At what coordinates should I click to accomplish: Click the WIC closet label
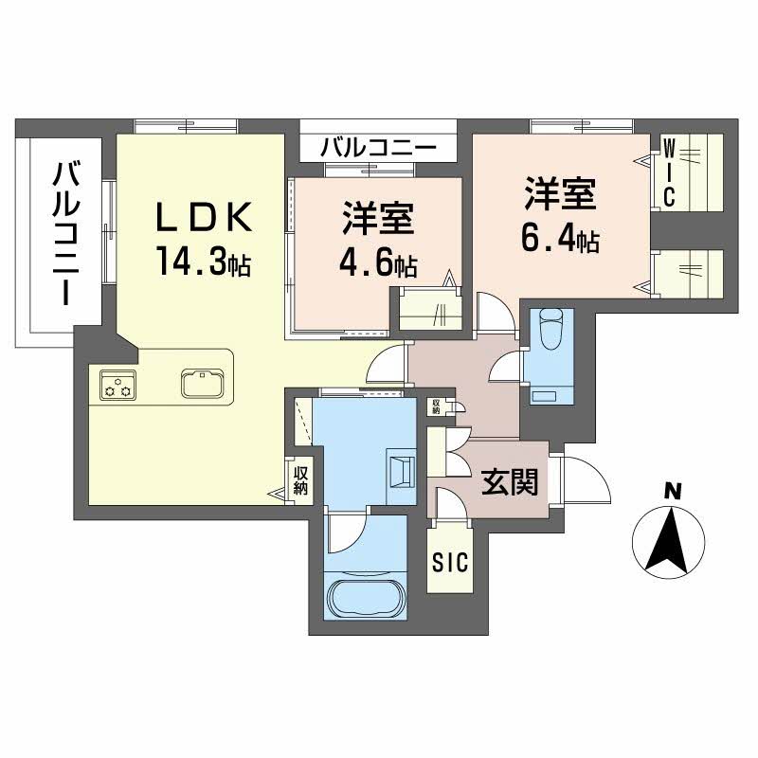pos(668,171)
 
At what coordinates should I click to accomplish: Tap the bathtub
pos(365,599)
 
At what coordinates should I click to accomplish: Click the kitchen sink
pos(201,385)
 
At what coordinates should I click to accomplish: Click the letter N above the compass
pos(672,490)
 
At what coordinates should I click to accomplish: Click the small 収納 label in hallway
pos(436,406)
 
